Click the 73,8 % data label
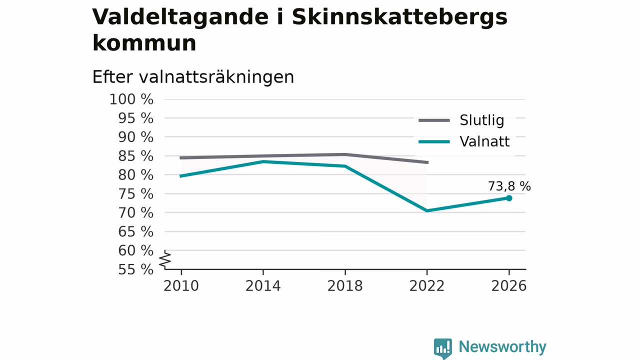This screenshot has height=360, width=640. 509,186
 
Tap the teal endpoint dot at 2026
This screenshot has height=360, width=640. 509,198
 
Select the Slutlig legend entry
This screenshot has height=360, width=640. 461,120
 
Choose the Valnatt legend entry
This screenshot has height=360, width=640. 464,141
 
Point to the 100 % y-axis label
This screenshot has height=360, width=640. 131,99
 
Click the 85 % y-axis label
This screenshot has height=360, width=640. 135,156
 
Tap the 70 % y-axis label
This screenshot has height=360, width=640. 135,213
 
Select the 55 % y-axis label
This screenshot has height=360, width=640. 135,269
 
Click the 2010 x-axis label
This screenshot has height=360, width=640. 181,286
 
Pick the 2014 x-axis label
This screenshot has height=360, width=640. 263,286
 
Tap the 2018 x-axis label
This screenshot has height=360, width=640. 345,286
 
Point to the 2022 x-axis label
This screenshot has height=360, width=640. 427,286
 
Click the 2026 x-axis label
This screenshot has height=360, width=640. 508,286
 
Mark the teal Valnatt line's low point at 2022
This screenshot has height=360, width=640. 427,211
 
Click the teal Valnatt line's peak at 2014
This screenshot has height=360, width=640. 263,161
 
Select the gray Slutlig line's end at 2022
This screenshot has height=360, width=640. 427,162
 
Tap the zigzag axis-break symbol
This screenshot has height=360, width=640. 165,260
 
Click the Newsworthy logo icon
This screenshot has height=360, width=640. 443,348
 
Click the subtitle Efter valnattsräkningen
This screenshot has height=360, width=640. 193,77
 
